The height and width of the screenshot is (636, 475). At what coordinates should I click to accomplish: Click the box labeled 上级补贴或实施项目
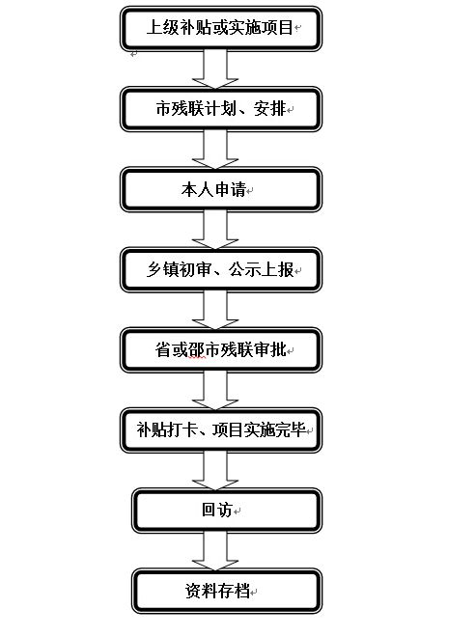click(221, 28)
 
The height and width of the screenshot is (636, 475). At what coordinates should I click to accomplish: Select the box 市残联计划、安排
click(221, 109)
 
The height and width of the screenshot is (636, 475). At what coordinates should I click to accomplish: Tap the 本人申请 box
click(221, 189)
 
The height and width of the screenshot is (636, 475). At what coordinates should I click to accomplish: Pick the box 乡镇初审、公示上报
click(221, 269)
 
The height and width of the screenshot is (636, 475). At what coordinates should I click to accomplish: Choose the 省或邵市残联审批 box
click(221, 350)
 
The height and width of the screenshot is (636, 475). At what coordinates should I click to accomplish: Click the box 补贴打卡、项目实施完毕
click(221, 430)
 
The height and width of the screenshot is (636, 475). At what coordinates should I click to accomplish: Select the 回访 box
click(227, 511)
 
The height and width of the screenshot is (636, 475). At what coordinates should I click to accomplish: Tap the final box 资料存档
click(227, 591)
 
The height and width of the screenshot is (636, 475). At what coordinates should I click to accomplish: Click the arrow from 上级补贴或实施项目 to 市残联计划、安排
click(215, 69)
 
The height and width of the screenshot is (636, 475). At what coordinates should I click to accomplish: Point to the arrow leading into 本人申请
click(215, 150)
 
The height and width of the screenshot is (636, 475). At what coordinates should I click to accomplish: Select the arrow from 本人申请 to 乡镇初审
click(215, 230)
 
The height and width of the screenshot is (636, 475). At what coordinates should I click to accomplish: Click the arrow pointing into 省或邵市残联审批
click(215, 310)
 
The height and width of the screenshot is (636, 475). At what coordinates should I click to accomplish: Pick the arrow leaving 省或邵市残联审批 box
click(215, 390)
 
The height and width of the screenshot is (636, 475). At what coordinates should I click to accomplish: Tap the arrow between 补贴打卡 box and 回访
click(215, 471)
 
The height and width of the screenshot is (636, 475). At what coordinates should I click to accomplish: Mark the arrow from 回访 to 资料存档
click(215, 551)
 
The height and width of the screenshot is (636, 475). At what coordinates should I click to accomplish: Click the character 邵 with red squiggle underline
click(197, 350)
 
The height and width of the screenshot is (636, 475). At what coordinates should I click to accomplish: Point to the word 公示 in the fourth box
click(244, 269)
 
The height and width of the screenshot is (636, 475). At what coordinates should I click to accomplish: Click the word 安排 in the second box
click(269, 109)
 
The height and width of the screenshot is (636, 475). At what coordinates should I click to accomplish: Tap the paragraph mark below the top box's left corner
click(134, 54)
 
